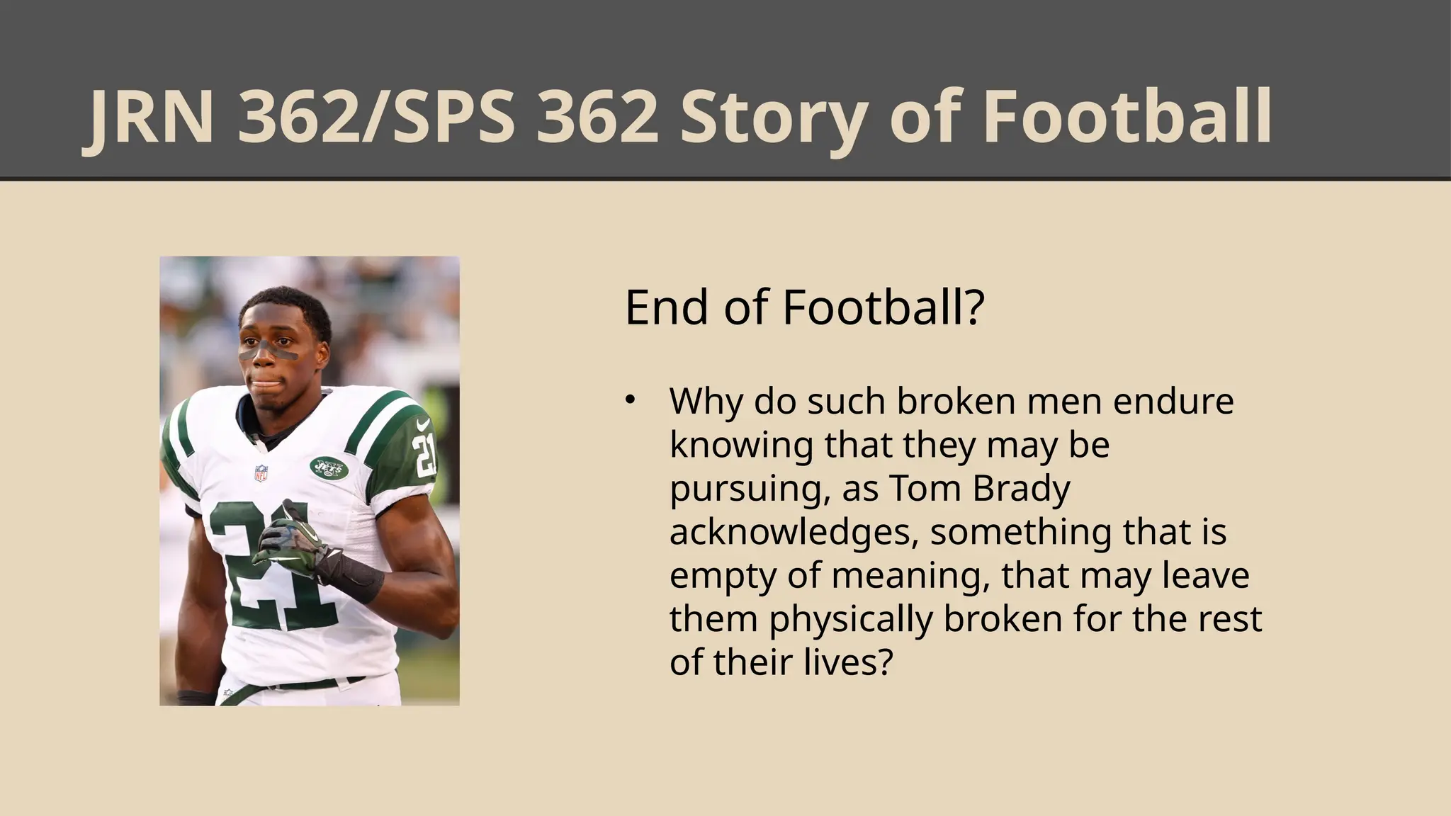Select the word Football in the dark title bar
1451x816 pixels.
click(1127, 118)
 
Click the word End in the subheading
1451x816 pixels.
click(666, 307)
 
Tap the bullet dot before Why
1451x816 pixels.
click(629, 400)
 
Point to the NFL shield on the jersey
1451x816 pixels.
click(261, 472)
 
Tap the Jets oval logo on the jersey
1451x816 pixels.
click(329, 467)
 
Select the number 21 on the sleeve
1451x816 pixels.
click(424, 455)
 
